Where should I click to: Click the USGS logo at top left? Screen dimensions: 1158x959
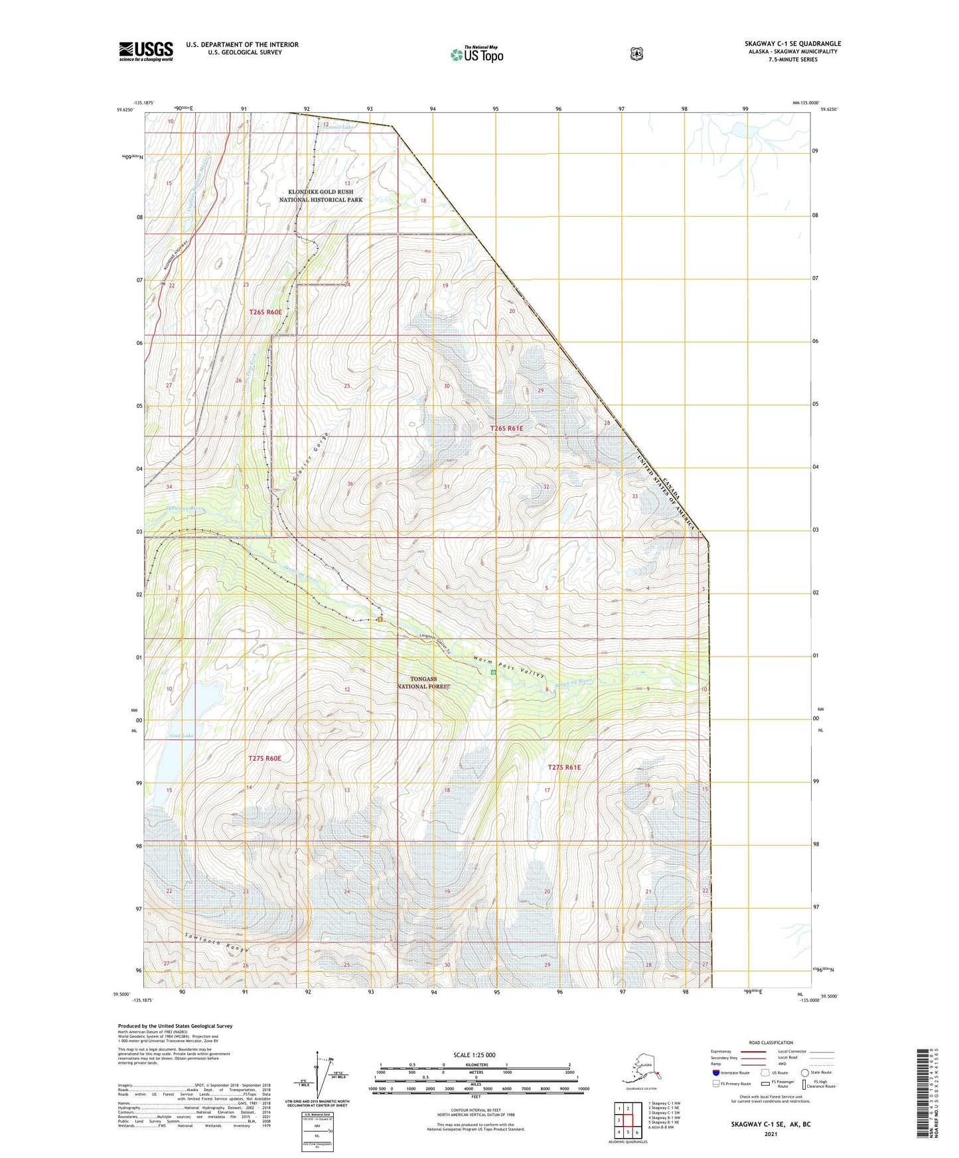[145, 51]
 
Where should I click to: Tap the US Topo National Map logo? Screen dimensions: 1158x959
[477, 54]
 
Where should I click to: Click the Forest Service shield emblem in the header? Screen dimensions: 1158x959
[636, 54]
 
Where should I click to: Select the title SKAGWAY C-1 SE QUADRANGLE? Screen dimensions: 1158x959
[792, 44]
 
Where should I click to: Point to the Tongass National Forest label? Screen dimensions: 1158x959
[423, 683]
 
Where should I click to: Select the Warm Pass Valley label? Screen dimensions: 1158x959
[509, 667]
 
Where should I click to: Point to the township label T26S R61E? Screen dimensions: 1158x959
[506, 428]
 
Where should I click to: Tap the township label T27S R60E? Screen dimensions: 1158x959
[265, 758]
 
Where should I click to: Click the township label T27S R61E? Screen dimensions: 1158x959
[563, 767]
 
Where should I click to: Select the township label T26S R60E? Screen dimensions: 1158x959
[265, 312]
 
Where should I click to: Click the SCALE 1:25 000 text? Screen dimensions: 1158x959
[474, 1055]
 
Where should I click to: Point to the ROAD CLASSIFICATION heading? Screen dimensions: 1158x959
[771, 1043]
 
